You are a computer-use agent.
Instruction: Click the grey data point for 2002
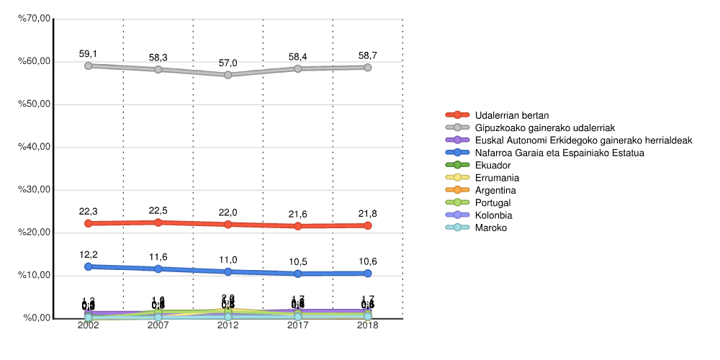click(89, 66)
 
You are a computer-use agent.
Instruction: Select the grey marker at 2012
click(228, 75)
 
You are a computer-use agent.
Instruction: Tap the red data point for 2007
click(158, 222)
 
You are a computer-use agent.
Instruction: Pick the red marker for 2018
click(368, 225)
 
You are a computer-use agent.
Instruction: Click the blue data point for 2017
click(298, 274)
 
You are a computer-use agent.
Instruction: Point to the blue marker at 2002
click(89, 266)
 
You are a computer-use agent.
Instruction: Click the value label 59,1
click(89, 53)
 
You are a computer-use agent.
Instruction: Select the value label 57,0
click(228, 63)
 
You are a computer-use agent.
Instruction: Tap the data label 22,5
click(158, 210)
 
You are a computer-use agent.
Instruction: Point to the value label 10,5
click(298, 261)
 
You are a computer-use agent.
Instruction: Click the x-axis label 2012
click(228, 326)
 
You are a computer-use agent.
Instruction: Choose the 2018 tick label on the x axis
click(368, 326)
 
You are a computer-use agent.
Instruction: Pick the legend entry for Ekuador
click(492, 165)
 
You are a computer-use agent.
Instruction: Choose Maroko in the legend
click(491, 228)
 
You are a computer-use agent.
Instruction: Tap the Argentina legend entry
click(496, 190)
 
